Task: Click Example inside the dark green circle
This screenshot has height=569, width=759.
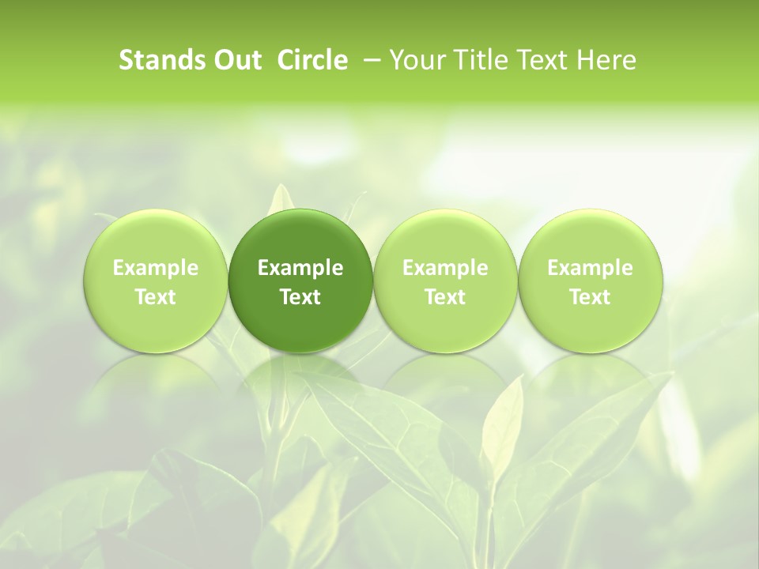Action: pyautogui.click(x=300, y=268)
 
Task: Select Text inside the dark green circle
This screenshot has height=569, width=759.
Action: pyautogui.click(x=300, y=297)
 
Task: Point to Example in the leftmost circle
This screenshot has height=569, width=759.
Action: pyautogui.click(x=156, y=268)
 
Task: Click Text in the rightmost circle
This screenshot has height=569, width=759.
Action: pyautogui.click(x=590, y=297)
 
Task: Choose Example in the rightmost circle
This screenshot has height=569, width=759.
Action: pyautogui.click(x=590, y=268)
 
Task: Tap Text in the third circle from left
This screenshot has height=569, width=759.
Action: pyautogui.click(x=445, y=297)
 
